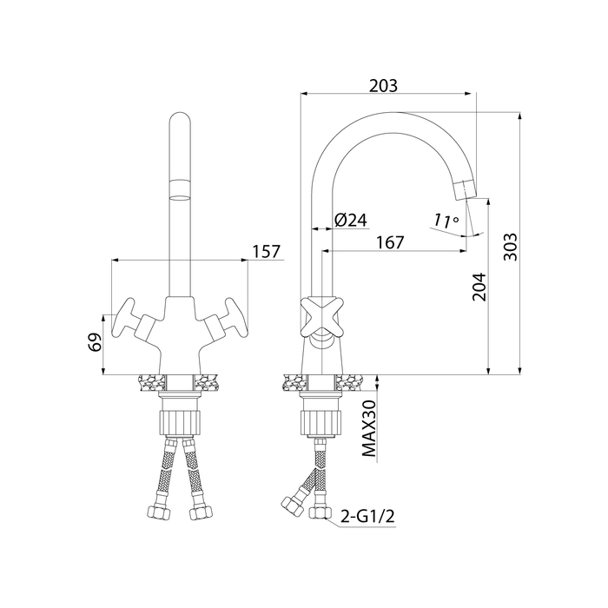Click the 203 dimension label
[x=383, y=86]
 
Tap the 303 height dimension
[x=511, y=247]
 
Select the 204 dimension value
[x=479, y=287]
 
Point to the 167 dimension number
[x=390, y=242]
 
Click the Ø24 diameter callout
[x=351, y=221]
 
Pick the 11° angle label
[x=446, y=221]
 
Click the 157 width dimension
[x=266, y=252]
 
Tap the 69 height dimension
[x=95, y=341]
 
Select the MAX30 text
[x=369, y=428]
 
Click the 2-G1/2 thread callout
[x=367, y=517]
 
